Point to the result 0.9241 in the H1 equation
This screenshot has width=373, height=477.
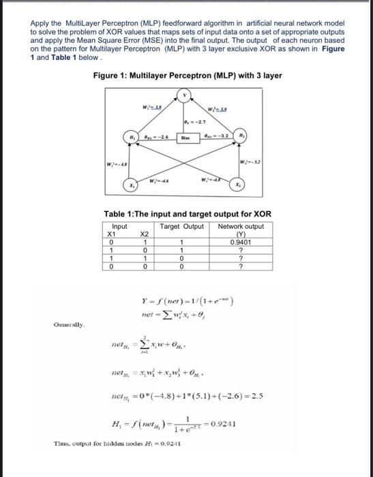pyautogui.click(x=224, y=403)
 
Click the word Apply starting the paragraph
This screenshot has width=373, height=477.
pyautogui.click(x=38, y=23)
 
